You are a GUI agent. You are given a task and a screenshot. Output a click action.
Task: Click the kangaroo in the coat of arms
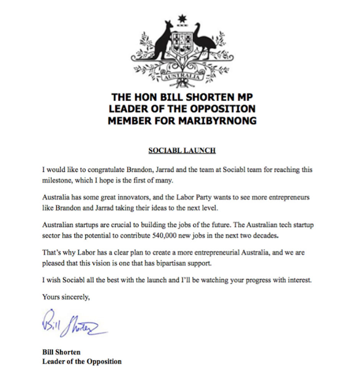coord(161,40)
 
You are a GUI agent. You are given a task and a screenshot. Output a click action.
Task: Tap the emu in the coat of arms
coord(202,40)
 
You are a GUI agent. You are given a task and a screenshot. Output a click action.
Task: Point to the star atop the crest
coord(182,18)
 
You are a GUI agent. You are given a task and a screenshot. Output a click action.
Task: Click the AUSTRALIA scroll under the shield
coord(182,77)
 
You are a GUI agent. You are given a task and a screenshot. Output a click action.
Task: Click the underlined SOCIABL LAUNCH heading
coord(182,150)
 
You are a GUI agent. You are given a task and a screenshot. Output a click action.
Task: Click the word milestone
coord(56,180)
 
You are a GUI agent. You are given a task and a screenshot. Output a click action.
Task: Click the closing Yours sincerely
coord(66,297)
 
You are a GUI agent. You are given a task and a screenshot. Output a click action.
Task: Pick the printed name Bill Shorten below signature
coord(61,352)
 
